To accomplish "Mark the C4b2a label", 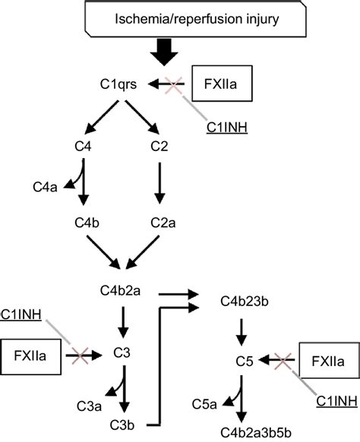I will [122, 291].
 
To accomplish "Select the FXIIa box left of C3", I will [30, 353].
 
